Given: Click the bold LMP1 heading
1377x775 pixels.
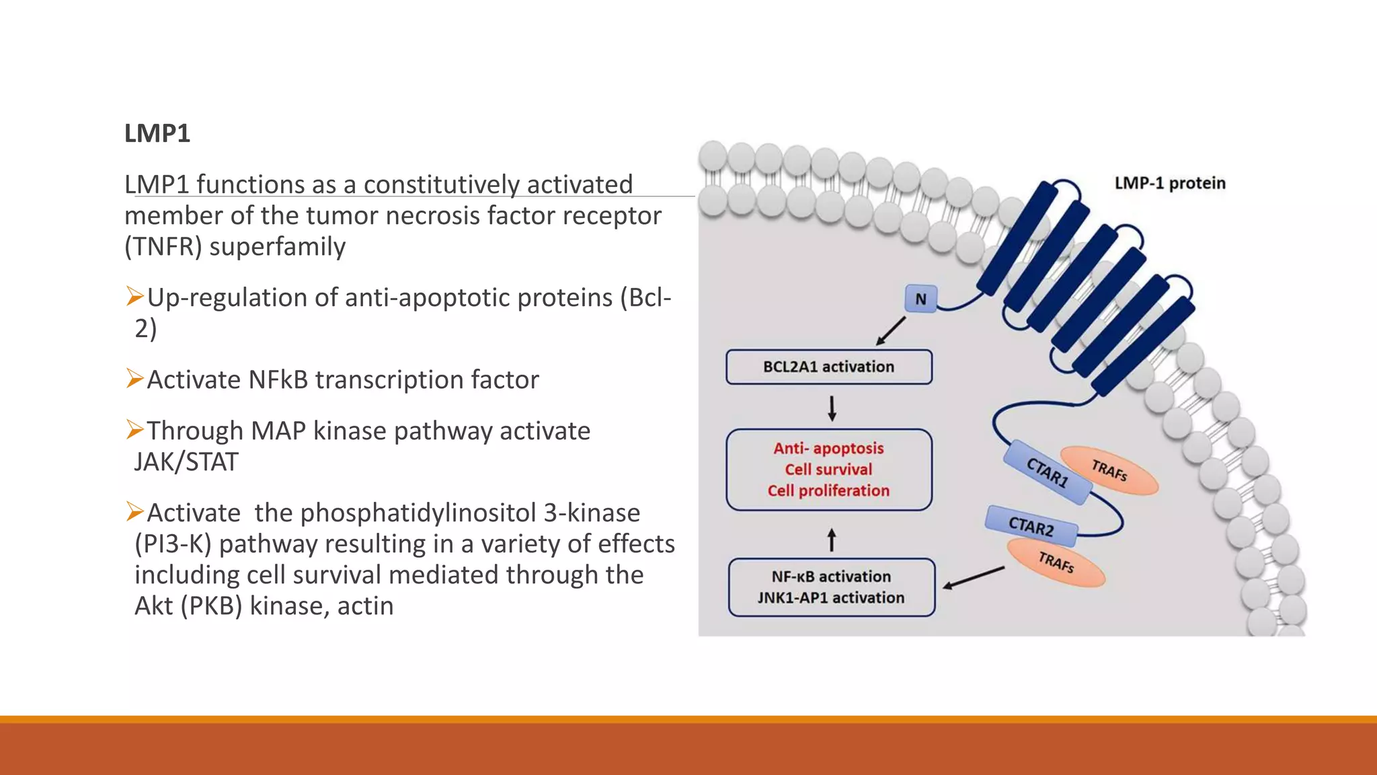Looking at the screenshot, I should tap(157, 133).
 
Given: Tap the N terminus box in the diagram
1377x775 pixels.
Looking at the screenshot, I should tap(920, 299).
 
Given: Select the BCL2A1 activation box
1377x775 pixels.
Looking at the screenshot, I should tap(828, 367).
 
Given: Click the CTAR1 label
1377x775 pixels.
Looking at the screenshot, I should tap(1047, 472).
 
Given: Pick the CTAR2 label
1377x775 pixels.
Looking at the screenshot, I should tap(1031, 526).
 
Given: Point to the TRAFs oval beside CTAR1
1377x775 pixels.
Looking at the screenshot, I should tap(1109, 470).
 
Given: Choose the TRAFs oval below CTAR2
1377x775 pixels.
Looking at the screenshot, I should tap(1056, 562).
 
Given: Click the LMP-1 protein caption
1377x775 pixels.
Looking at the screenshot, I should tap(1170, 183).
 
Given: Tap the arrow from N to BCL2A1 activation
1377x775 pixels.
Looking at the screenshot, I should tap(891, 331).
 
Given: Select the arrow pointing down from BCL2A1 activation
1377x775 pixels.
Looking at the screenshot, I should tap(832, 408).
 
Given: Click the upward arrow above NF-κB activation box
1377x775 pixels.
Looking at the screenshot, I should tap(832, 540).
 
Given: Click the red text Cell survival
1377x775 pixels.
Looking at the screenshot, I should tap(828, 470).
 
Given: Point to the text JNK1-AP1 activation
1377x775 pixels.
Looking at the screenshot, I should tap(831, 597).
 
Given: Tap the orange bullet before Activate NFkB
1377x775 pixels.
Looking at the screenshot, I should tap(134, 379).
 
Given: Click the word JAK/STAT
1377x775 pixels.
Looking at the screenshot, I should tap(186, 462).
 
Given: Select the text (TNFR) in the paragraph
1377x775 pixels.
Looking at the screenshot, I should tap(163, 247).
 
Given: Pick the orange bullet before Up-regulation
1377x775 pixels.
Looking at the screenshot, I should tap(134, 296).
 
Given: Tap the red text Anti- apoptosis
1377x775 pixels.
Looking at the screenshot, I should tap(828, 448).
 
